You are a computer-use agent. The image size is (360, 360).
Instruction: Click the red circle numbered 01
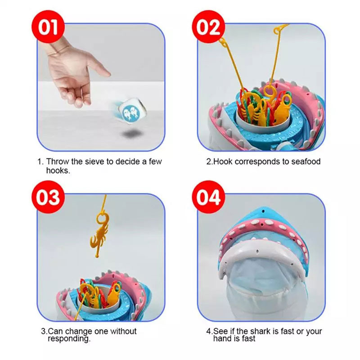pos(48,27)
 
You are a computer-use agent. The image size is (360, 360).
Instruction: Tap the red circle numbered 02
pos(208,27)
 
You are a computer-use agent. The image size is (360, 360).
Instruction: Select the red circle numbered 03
pos(48,197)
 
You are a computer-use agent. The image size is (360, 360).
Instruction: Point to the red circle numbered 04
pos(208,197)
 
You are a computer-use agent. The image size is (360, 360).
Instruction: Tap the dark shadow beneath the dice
pos(131,134)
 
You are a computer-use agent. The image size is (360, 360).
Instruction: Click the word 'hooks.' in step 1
pos(58,171)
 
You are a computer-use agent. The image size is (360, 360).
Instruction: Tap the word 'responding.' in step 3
pos(69,339)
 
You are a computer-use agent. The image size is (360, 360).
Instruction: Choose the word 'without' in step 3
pos(123,331)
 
